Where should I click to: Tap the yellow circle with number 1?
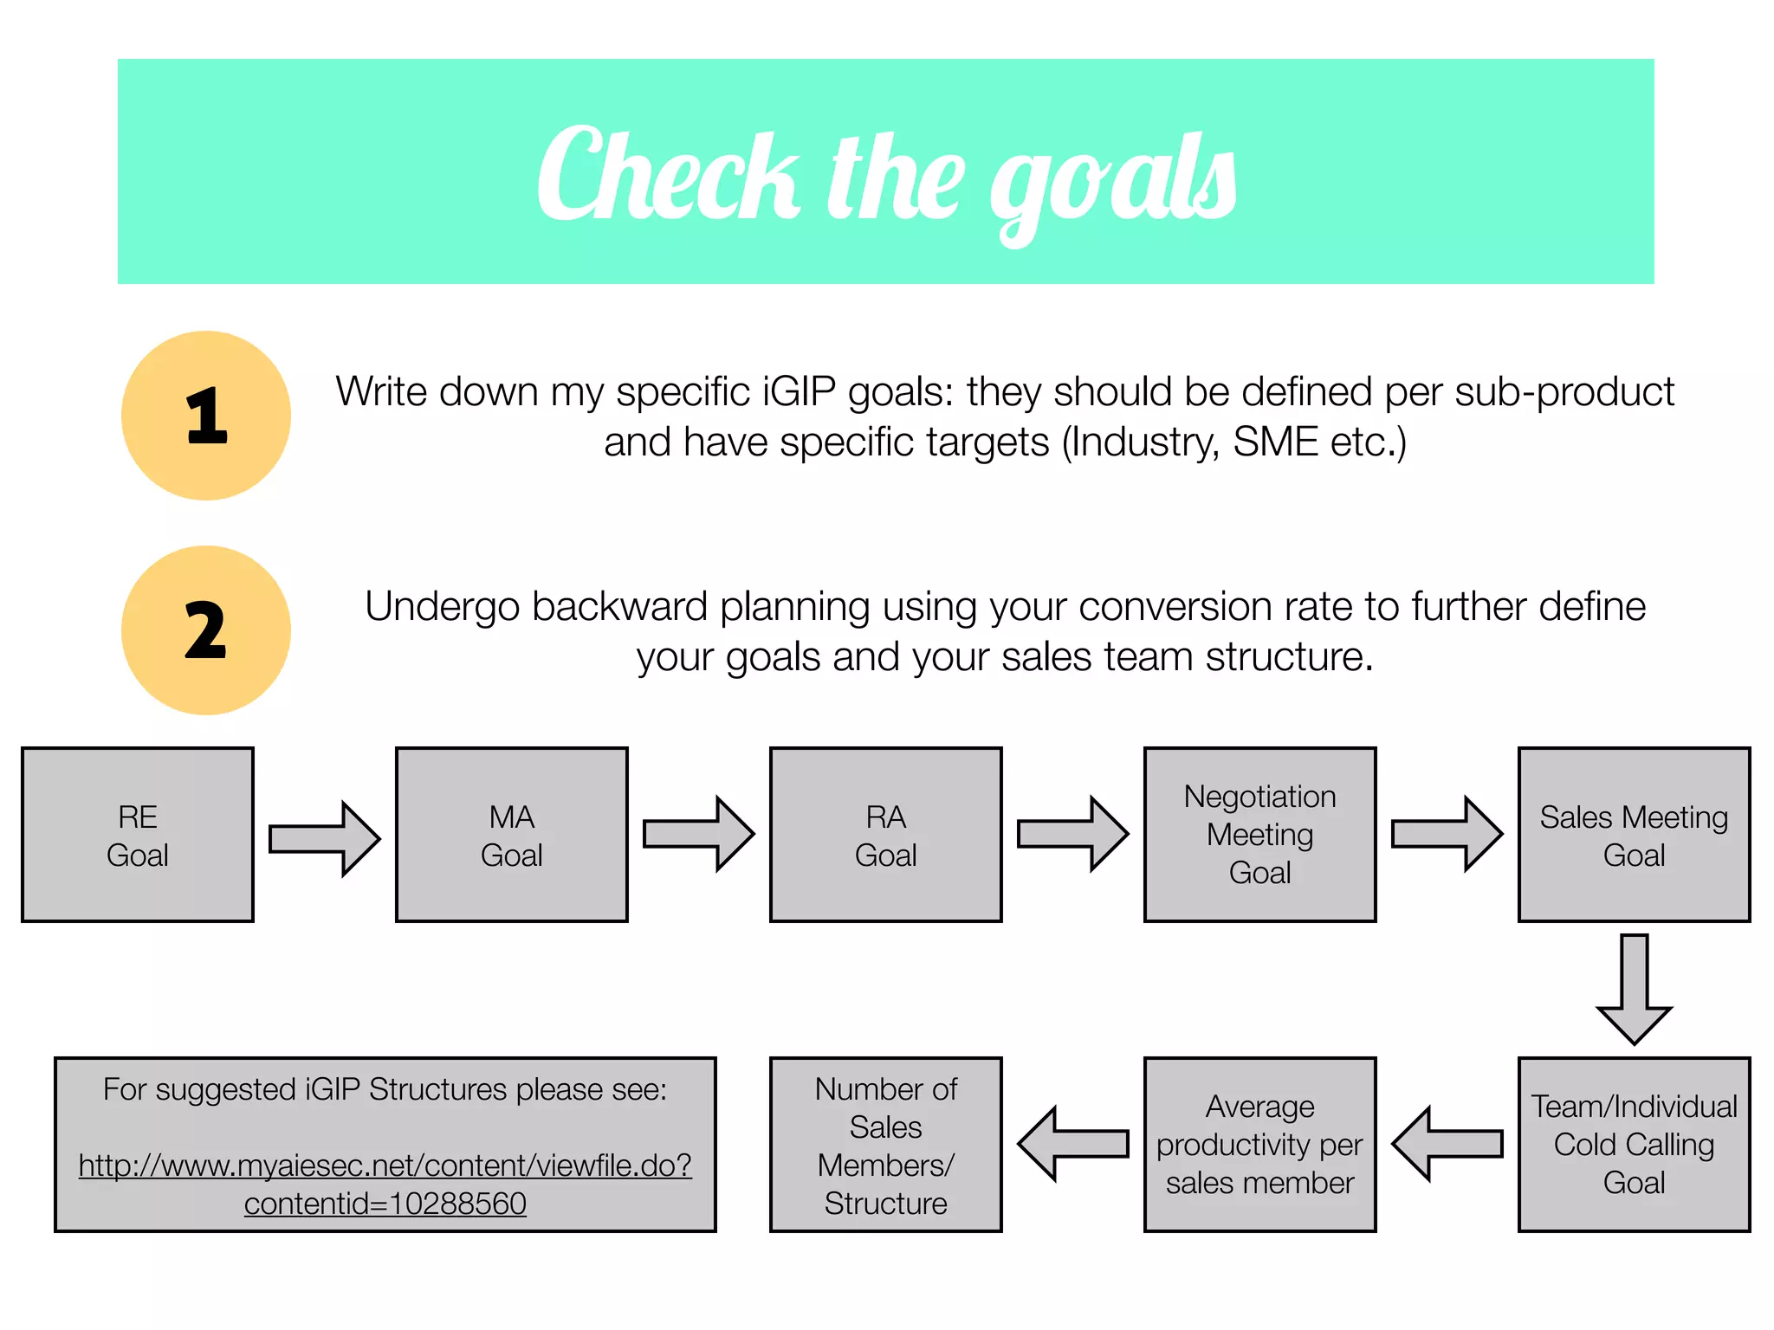(x=206, y=416)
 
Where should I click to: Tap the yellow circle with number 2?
(x=206, y=630)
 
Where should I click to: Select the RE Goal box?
(x=138, y=835)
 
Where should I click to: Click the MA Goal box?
(x=512, y=835)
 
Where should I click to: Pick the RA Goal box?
(x=886, y=835)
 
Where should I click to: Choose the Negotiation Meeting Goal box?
(x=1260, y=835)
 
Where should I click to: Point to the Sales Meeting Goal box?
(x=1635, y=835)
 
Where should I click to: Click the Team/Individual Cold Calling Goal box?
(x=1635, y=1144)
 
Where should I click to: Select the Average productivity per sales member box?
(x=1260, y=1144)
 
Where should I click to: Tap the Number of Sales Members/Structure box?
(x=886, y=1144)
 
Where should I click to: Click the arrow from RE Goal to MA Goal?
(x=325, y=839)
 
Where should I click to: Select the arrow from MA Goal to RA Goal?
(x=699, y=835)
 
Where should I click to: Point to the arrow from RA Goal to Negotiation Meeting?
(x=1073, y=835)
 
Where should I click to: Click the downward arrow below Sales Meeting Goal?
(x=1635, y=988)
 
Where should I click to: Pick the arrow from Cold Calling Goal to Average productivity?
(x=1447, y=1144)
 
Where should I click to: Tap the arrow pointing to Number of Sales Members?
(x=1073, y=1144)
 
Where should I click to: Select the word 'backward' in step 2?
(x=621, y=607)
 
